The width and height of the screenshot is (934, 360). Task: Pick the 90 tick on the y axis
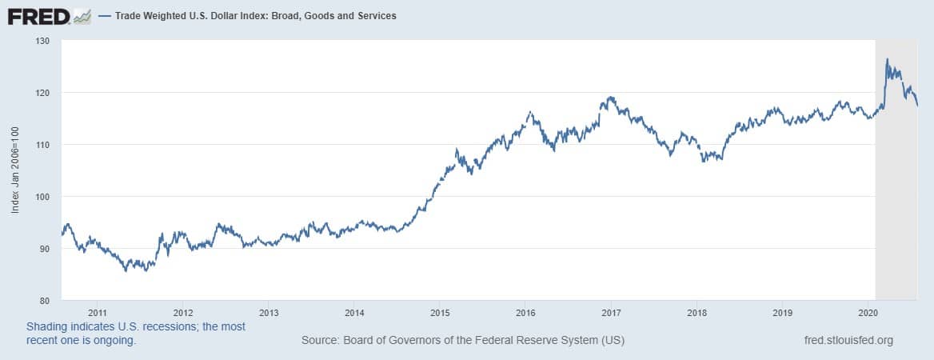(x=45, y=249)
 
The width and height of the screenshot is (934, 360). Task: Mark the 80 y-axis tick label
(x=45, y=301)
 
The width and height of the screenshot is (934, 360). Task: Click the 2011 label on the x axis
(x=98, y=313)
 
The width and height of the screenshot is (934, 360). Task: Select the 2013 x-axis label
(x=269, y=313)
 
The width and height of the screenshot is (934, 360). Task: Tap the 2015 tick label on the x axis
(x=440, y=313)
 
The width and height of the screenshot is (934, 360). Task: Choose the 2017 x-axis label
(x=611, y=313)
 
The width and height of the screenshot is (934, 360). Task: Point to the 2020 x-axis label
(x=868, y=313)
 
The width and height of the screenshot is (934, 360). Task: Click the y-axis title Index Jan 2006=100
(x=16, y=171)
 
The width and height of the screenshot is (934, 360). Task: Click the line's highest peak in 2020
(x=887, y=59)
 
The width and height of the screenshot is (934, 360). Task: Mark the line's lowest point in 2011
(x=126, y=270)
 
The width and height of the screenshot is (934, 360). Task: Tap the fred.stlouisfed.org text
(x=848, y=341)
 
